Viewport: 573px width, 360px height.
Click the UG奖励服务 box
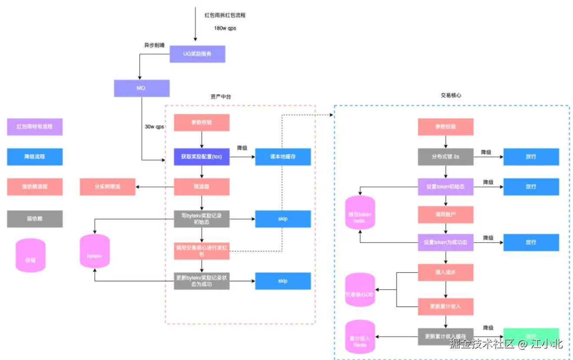tap(197, 54)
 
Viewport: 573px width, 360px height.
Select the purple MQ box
tap(141, 88)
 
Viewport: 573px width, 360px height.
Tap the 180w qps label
tap(225, 28)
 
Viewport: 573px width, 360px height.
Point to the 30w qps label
tap(154, 127)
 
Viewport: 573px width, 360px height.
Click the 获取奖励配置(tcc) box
tap(201, 157)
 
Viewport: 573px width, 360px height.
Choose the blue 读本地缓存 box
tap(283, 157)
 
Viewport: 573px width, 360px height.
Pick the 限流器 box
tap(201, 187)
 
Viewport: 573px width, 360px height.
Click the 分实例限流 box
tap(107, 187)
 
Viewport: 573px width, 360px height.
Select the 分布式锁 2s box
tap(446, 157)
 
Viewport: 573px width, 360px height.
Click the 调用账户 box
tap(446, 214)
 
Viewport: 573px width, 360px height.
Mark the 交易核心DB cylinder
tap(360, 290)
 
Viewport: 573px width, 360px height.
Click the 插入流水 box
tap(446, 272)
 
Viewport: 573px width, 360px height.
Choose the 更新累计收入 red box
tap(446, 307)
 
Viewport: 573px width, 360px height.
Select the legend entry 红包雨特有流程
tap(35, 127)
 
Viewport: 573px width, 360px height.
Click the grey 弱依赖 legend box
tap(35, 219)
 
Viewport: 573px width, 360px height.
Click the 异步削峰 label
tap(154, 45)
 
